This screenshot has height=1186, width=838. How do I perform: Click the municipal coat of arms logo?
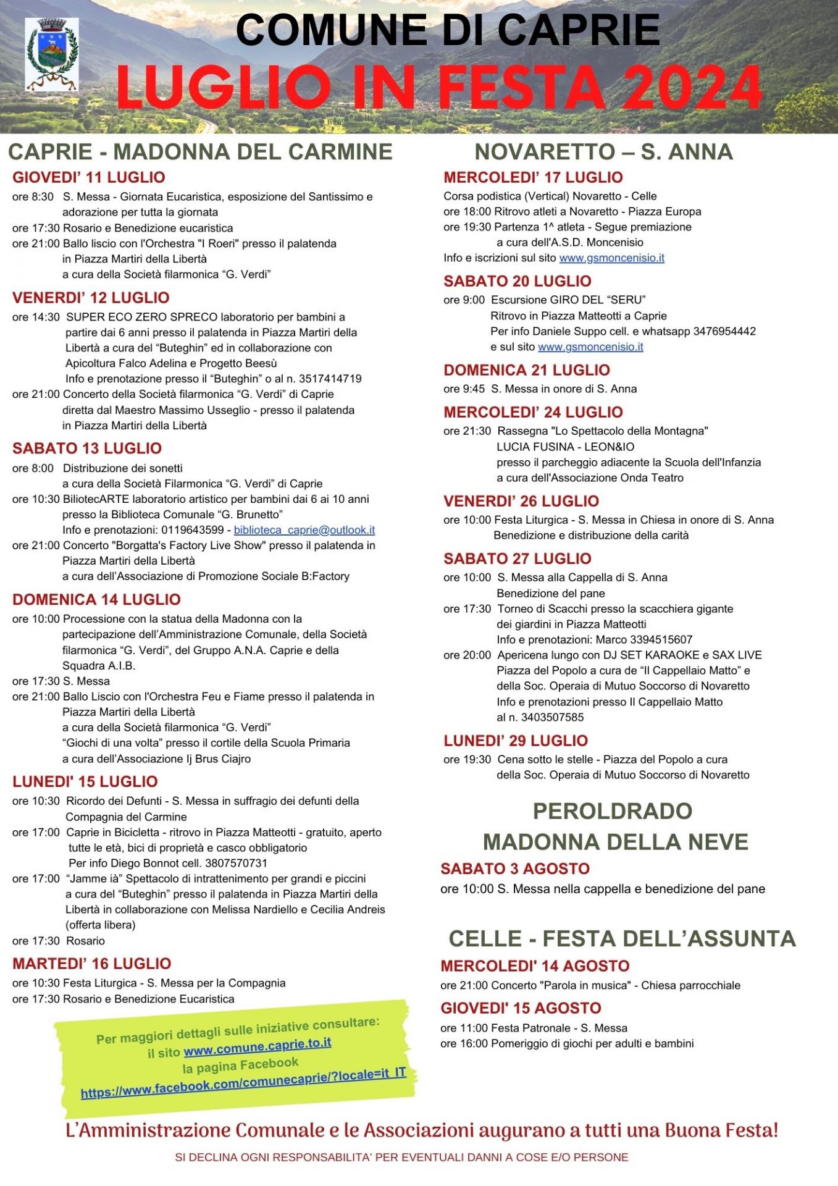click(51, 54)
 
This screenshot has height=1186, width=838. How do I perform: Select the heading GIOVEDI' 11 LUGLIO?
click(89, 178)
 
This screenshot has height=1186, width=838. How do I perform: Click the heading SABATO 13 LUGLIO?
click(87, 448)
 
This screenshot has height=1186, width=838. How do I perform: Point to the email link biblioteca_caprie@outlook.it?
click(304, 530)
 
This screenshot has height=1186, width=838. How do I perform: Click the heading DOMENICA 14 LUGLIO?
click(96, 600)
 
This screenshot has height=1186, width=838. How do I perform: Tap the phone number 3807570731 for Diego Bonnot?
click(237, 863)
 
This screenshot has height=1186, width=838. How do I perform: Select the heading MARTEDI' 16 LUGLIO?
click(92, 964)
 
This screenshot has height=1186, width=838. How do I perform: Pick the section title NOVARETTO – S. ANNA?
click(603, 152)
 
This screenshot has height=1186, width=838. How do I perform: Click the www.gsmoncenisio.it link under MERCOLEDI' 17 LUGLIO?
click(611, 258)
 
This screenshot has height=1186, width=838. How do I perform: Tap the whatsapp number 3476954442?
click(724, 331)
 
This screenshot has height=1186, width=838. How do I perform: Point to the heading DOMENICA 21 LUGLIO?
click(527, 370)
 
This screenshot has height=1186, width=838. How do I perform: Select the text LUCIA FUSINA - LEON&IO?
click(565, 447)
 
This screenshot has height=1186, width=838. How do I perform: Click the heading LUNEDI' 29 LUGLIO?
click(516, 741)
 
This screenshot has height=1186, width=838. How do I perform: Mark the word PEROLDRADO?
click(613, 811)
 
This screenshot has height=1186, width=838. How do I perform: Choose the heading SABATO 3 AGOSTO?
click(515, 868)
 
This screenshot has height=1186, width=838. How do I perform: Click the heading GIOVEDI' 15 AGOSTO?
click(521, 1008)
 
